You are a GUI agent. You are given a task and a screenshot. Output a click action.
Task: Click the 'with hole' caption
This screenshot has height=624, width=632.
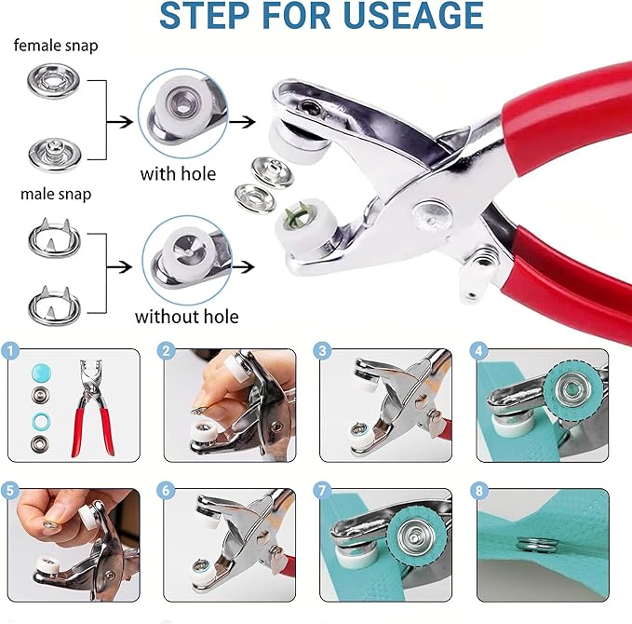[x=178, y=173]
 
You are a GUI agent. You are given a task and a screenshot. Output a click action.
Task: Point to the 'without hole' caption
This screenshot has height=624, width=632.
[x=186, y=317]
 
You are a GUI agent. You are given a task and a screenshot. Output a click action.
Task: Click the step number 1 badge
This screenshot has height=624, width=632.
[x=10, y=351]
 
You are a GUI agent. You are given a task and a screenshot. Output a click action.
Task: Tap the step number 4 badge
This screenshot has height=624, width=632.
[x=478, y=351]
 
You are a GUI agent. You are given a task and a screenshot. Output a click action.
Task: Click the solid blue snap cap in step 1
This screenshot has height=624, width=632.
[x=39, y=370]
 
